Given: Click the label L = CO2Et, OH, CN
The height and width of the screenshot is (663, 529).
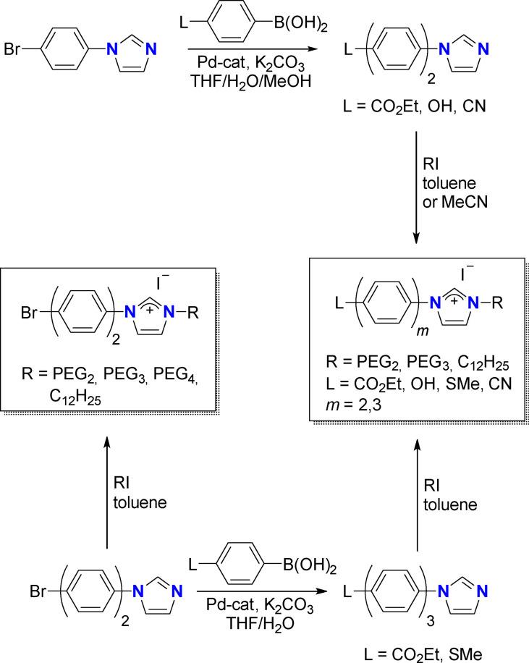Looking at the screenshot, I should point(409,107).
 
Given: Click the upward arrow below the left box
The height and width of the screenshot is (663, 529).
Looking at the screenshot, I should point(108,484).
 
